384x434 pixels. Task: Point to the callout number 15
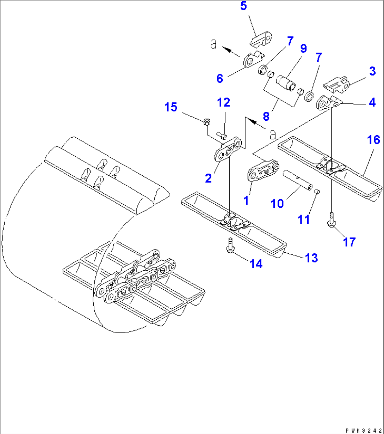[x=171, y=107]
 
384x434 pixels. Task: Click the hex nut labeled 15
[x=207, y=122]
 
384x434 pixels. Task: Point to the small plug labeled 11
[x=316, y=191]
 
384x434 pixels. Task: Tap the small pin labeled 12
[x=222, y=134]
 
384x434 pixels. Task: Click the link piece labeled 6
[x=253, y=59]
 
